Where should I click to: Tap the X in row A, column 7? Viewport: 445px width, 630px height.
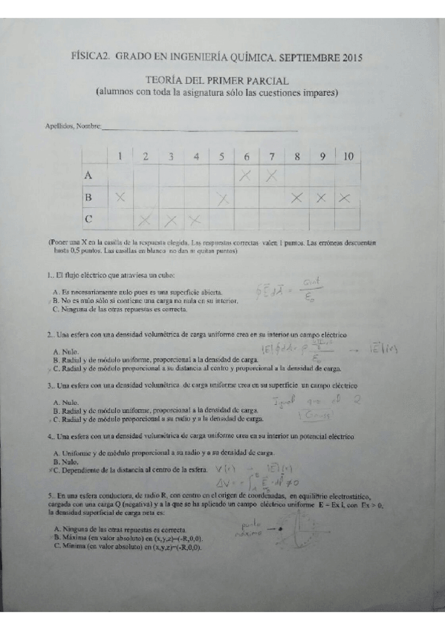point(271,176)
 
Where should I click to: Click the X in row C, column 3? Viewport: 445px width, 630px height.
point(170,220)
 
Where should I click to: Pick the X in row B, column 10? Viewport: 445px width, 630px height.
point(345,198)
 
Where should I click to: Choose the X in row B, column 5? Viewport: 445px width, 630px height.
point(221,198)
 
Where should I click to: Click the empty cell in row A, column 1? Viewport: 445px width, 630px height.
point(120,176)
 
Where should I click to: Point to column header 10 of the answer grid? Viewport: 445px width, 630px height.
point(345,156)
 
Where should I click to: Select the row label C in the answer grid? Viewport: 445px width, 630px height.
point(88,219)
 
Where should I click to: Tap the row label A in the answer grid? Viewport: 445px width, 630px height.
point(88,176)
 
